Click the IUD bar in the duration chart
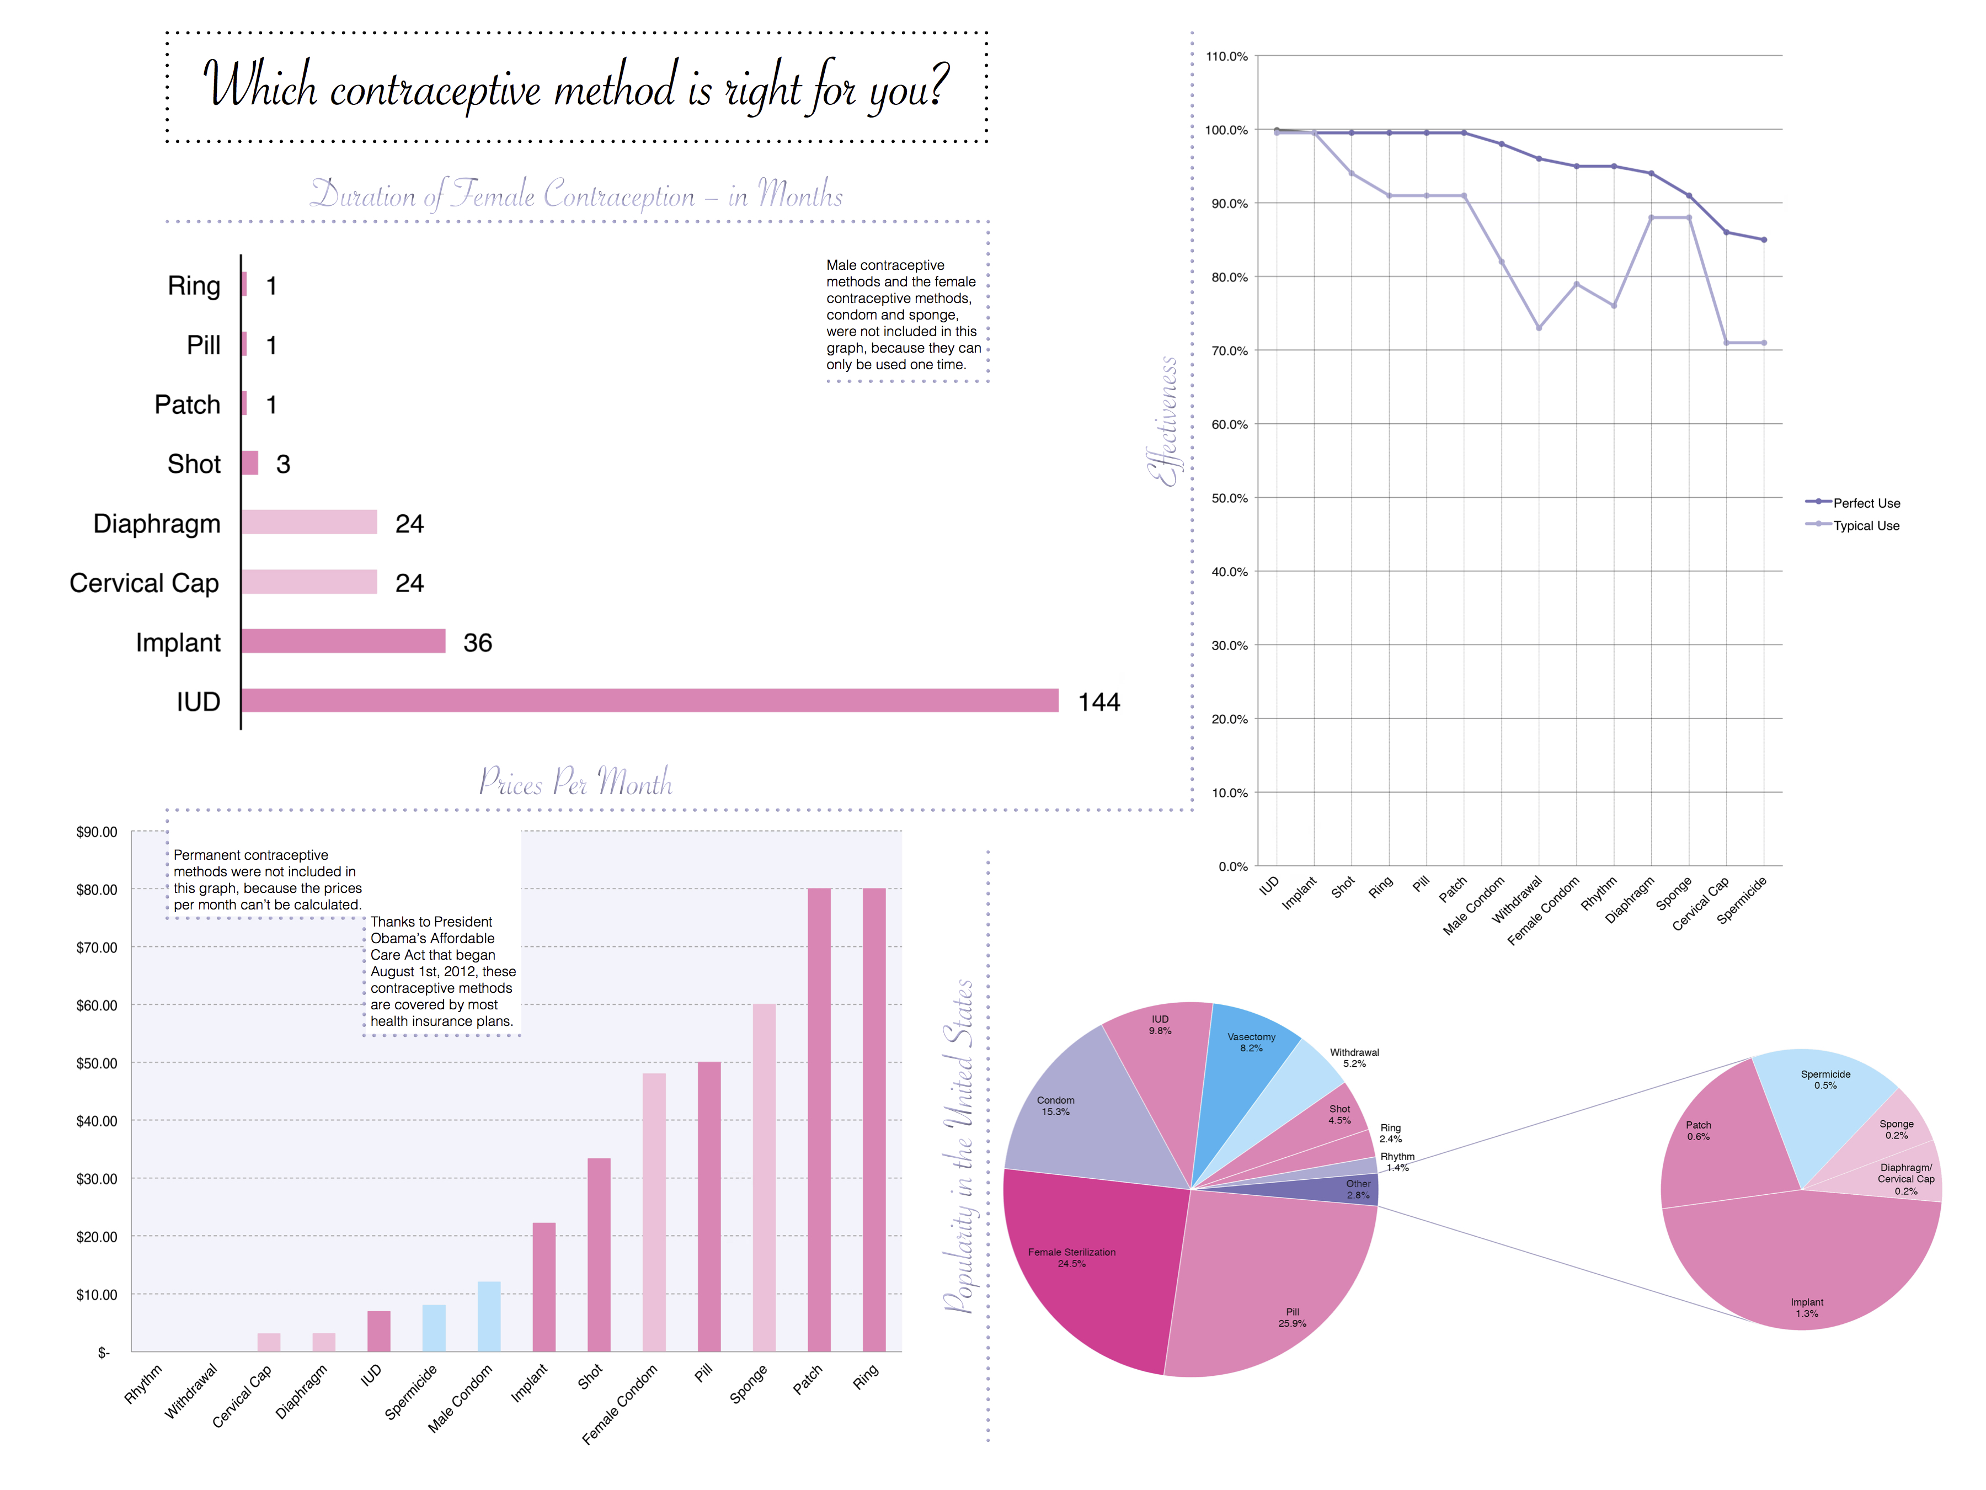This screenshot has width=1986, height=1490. pos(649,700)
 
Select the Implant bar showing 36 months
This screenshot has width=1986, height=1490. pos(343,641)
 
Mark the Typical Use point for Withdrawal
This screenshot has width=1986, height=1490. pos(1539,328)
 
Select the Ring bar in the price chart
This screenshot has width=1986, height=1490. pos(874,1119)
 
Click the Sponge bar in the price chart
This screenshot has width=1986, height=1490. pos(764,1177)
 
